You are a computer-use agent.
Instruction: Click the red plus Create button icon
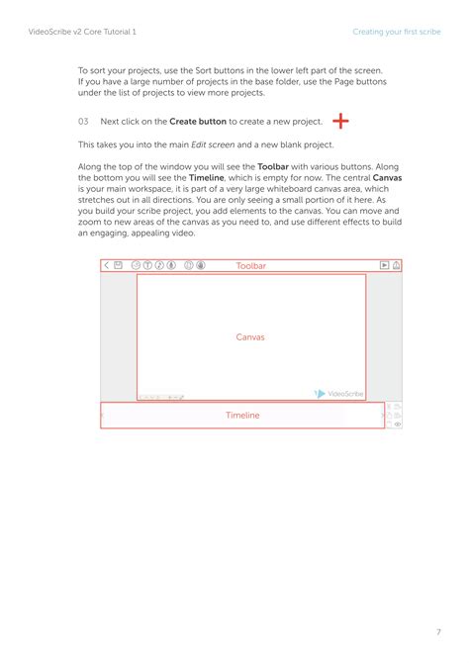tap(341, 121)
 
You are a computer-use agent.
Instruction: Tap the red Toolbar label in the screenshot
tap(251, 266)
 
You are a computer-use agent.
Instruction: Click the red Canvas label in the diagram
tap(250, 337)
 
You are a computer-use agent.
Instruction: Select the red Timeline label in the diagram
tap(242, 416)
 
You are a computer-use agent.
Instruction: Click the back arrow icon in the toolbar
tap(106, 265)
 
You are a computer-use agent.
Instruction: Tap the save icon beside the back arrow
tap(119, 265)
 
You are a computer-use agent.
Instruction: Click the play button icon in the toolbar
tap(384, 265)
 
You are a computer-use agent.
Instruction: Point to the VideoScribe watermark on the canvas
tap(339, 394)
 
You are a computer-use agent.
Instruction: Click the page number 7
tap(438, 604)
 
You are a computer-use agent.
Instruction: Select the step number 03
tap(83, 122)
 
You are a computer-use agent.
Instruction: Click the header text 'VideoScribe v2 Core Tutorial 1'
tap(82, 32)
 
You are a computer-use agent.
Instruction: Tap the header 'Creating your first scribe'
tap(397, 32)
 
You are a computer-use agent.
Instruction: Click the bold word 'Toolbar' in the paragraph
tap(273, 166)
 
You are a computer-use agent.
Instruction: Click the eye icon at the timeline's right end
tap(397, 424)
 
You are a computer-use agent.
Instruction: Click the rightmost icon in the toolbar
tap(397, 265)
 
